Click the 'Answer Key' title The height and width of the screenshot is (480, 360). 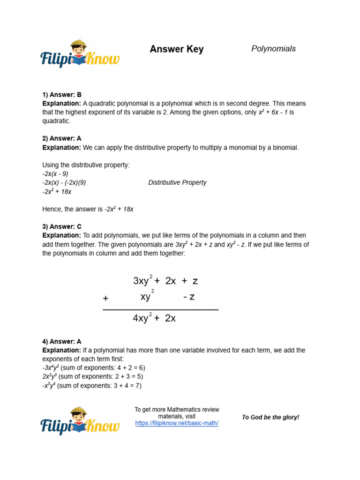coord(176,49)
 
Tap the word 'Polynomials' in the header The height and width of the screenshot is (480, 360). coord(273,49)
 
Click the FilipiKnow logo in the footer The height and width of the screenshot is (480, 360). coord(80,421)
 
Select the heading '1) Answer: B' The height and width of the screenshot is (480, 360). coord(62,94)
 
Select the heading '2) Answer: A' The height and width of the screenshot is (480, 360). coord(62,138)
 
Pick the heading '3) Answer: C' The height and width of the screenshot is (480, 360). coord(62,226)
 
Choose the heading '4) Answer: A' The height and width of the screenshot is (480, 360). coord(62,342)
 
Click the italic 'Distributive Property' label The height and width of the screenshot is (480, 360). coord(177,182)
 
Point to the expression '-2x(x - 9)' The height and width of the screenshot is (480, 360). coord(55,173)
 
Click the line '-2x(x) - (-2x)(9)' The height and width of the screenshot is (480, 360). coord(64,182)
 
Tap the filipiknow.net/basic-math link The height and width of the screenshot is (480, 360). coord(177,423)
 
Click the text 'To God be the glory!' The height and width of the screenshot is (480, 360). coord(270,417)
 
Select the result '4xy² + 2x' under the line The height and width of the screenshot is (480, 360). coord(154,318)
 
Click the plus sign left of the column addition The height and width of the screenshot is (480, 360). coord(105,298)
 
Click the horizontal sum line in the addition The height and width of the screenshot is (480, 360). coord(160,310)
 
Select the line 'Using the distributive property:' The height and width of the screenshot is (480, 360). coord(85,165)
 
